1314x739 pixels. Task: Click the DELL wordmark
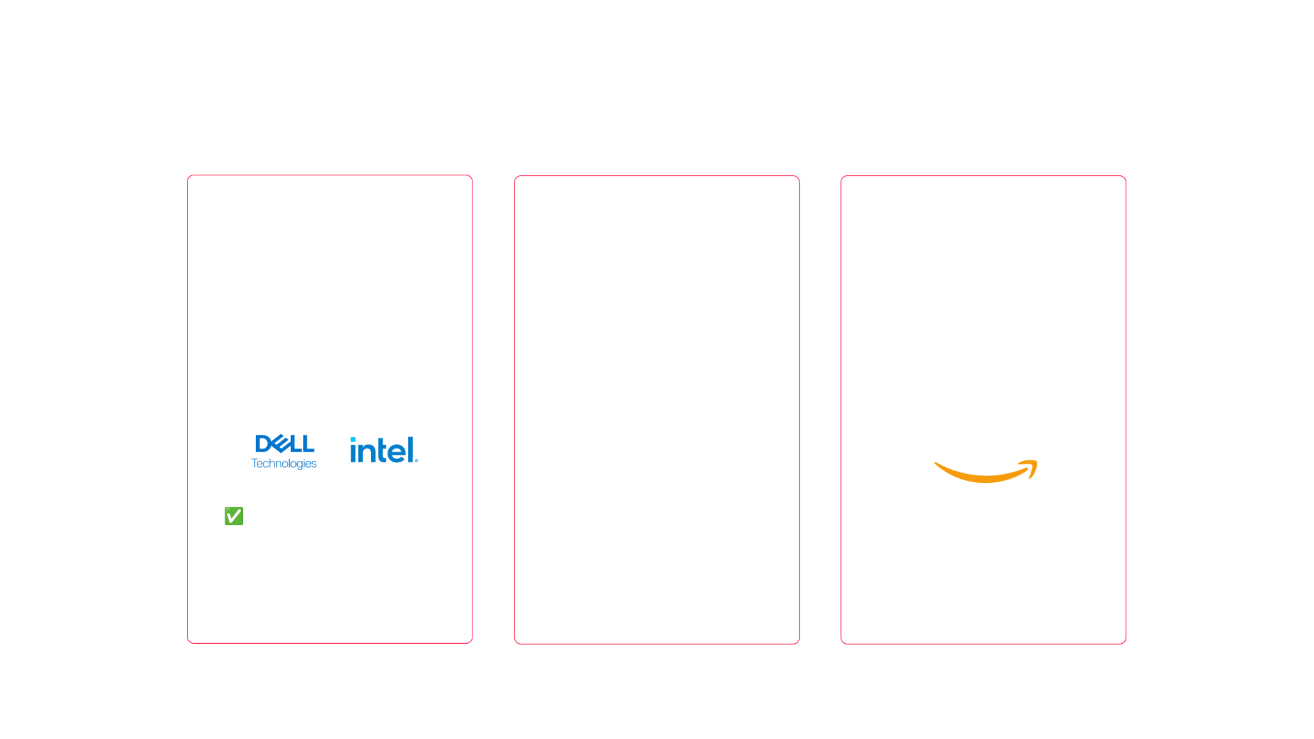point(285,444)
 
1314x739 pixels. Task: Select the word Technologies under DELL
point(283,464)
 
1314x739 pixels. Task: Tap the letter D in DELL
point(263,444)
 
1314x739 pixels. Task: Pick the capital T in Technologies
point(255,463)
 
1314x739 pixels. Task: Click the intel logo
point(383,450)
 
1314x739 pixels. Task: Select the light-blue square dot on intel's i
point(353,440)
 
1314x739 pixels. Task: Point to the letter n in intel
point(366,453)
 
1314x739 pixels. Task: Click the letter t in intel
point(380,451)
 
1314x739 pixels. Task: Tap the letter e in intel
point(396,453)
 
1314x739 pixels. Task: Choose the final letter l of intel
point(409,449)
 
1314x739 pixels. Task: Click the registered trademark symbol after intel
point(416,460)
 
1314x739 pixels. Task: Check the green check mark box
point(233,516)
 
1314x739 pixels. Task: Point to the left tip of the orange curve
point(935,464)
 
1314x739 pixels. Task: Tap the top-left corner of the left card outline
point(188,175)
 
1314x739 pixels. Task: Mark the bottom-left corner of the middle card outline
point(515,643)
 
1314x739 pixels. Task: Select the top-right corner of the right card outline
point(1126,176)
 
